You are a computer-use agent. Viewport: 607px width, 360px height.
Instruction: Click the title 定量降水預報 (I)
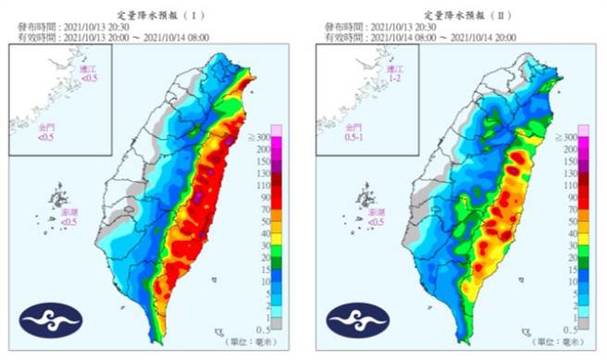154,16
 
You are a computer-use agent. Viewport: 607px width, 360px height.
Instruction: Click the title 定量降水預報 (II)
460,16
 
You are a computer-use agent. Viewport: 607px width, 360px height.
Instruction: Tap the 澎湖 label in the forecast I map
70,218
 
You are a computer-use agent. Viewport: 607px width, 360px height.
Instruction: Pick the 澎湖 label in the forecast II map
377,218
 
